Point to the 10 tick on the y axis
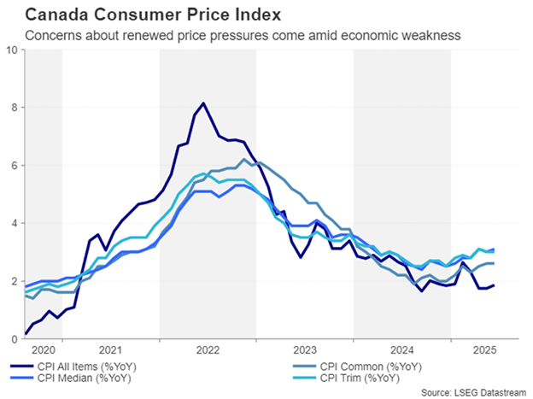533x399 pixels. [12, 50]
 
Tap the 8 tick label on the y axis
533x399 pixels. [15, 107]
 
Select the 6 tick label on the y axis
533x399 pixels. [15, 165]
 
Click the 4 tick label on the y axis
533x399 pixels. [15, 223]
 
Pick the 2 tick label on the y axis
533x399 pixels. [15, 281]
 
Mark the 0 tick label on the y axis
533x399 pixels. [15, 339]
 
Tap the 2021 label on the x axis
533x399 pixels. [110, 349]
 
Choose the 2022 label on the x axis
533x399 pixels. [208, 349]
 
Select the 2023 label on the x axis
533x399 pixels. [305, 349]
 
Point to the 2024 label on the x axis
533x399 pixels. [402, 349]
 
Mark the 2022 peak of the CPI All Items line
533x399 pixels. [203, 103]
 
